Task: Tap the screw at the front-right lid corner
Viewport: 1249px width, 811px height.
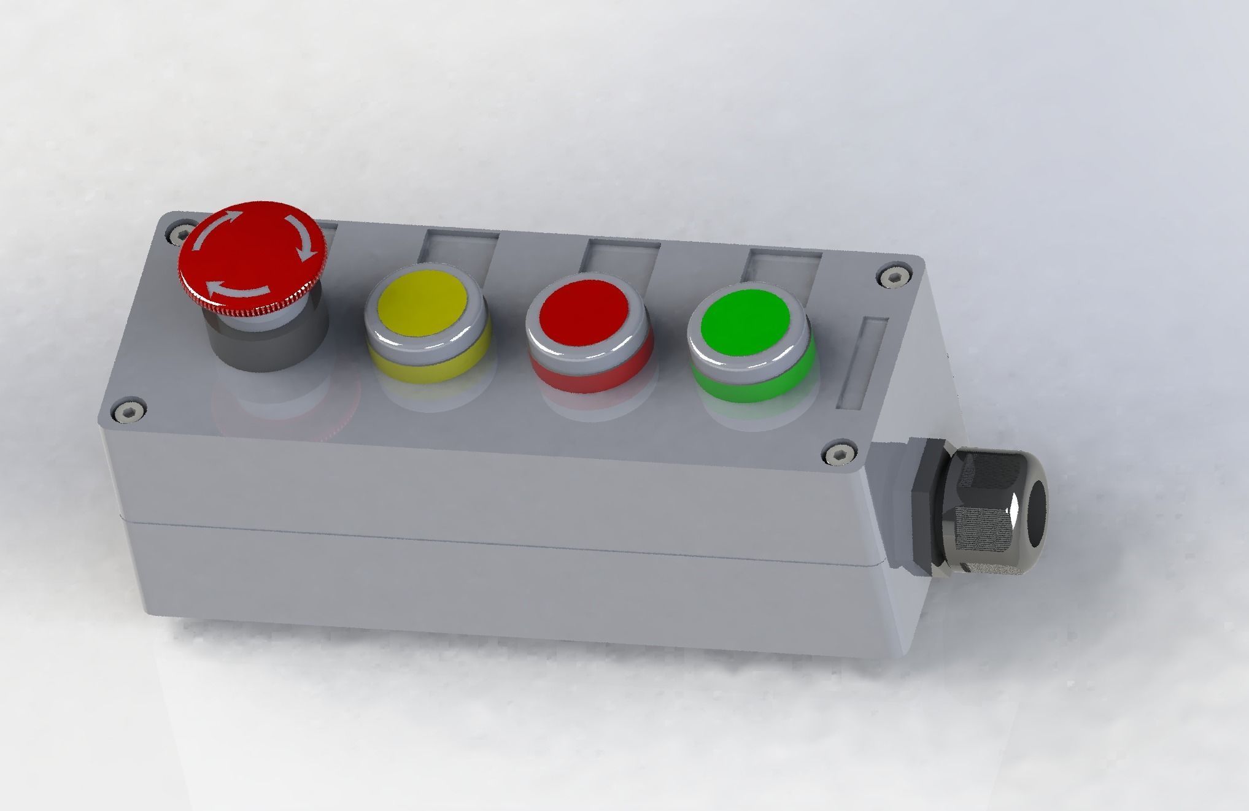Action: pos(838,455)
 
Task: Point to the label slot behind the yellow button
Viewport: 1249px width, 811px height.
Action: pos(459,250)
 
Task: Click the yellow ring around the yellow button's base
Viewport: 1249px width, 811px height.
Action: pos(430,367)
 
